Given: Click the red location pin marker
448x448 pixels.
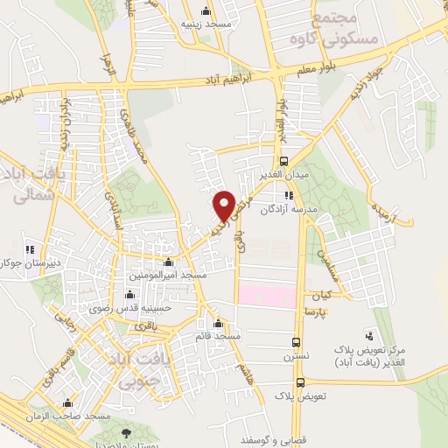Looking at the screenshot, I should pyautogui.click(x=224, y=205).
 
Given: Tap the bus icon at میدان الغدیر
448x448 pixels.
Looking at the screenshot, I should pyautogui.click(x=283, y=160).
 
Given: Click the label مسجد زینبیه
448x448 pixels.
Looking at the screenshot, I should pyautogui.click(x=206, y=25).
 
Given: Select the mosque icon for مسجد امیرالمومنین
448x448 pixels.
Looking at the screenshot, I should pyautogui.click(x=169, y=262).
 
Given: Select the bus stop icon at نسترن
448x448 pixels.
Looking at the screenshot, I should pyautogui.click(x=297, y=342).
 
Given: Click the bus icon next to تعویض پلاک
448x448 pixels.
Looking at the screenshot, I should pyautogui.click(x=301, y=382).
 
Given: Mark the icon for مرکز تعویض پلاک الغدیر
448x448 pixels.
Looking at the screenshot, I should pyautogui.click(x=368, y=333).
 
